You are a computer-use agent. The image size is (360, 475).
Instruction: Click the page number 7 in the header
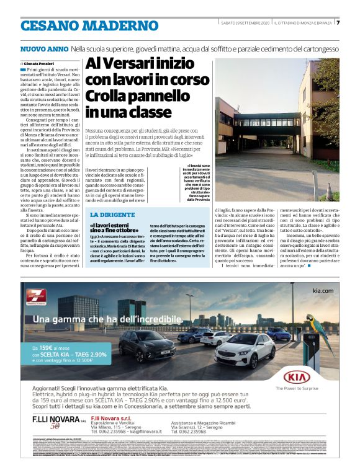click(x=338, y=23)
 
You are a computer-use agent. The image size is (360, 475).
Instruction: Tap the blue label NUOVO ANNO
click(x=44, y=48)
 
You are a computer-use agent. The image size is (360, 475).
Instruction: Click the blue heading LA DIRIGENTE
click(x=112, y=213)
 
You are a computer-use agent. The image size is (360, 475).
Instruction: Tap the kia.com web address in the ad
click(x=323, y=290)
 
